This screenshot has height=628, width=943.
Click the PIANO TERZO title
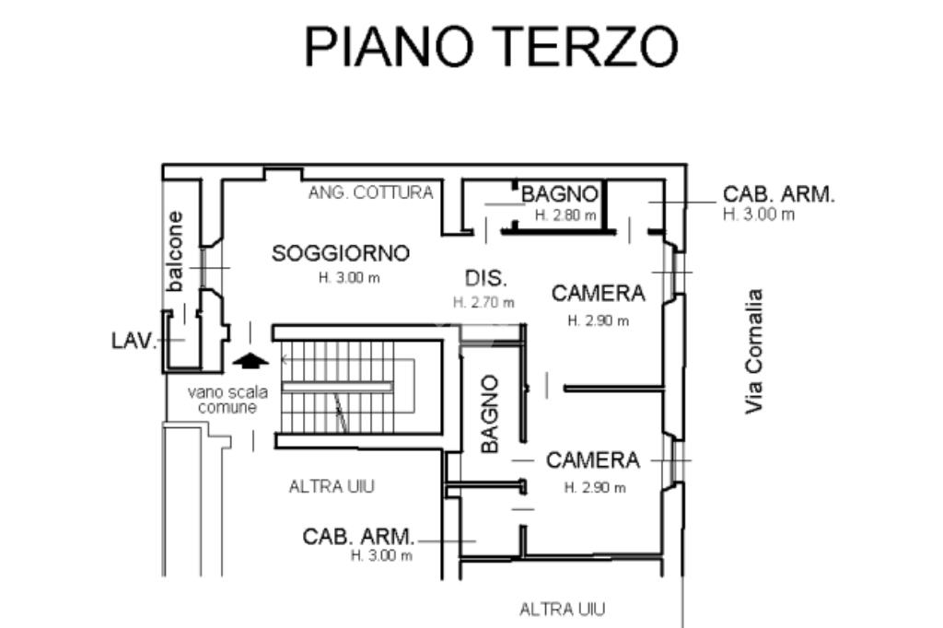coord(492,46)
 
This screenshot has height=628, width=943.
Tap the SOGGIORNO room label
coord(341,253)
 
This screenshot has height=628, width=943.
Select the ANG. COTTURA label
coord(370,192)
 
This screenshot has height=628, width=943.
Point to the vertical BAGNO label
coord(490,413)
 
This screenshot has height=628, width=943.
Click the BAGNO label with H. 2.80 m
coord(559,194)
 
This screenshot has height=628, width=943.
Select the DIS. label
coord(486,278)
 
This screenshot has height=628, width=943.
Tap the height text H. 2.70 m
coord(483,303)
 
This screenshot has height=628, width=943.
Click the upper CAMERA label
coord(598,294)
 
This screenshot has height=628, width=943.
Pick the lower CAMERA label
coord(592,460)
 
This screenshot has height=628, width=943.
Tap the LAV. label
coord(134,341)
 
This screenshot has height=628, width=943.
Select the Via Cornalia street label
coord(753,352)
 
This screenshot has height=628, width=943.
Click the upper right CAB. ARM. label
coord(779,194)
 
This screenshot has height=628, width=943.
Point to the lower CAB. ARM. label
coord(358,537)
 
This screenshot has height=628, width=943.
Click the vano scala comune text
coord(227,400)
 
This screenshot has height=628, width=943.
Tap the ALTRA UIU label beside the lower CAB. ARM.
coord(332,486)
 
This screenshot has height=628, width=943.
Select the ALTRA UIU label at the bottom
coord(563,610)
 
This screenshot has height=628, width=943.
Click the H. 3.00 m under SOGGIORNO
coord(349,278)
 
